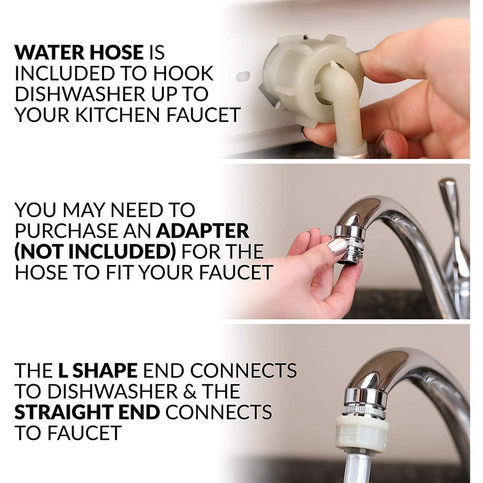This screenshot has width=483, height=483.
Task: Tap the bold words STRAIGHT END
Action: pos(87,412)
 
